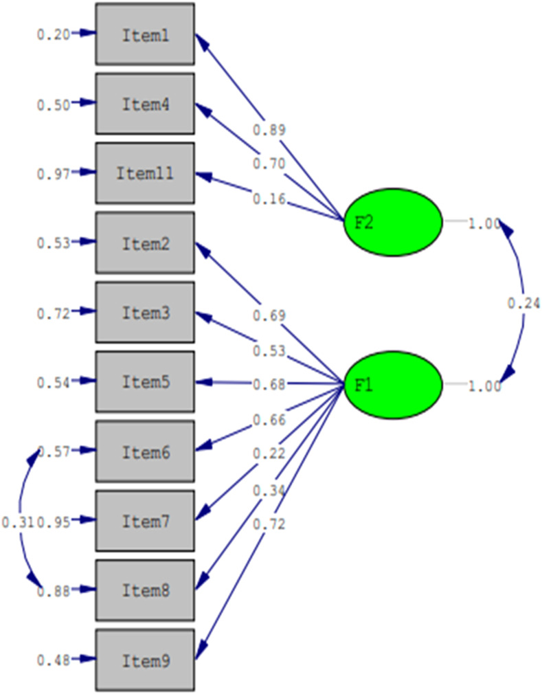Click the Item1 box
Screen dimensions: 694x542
(x=145, y=34)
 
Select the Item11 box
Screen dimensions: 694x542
(x=145, y=173)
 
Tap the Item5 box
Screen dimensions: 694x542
(x=145, y=382)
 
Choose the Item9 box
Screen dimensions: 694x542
(x=145, y=660)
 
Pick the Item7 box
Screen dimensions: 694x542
(x=145, y=521)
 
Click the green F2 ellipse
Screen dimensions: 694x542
(x=392, y=222)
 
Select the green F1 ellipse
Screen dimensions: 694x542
(x=392, y=385)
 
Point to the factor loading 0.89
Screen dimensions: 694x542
(x=269, y=130)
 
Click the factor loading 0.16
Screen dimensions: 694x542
(x=269, y=200)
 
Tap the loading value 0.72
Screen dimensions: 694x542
(x=269, y=525)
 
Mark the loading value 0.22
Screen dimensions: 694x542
(x=269, y=454)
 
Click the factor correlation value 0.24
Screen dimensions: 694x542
(x=523, y=302)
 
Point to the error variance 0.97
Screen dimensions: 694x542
(x=53, y=174)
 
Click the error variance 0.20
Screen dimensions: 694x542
(x=53, y=34)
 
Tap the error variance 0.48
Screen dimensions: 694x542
(x=53, y=660)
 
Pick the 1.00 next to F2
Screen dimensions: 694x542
(x=484, y=223)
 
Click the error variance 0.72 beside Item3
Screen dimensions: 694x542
(x=53, y=313)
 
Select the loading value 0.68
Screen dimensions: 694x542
(x=269, y=383)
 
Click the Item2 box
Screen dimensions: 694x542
(x=145, y=243)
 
